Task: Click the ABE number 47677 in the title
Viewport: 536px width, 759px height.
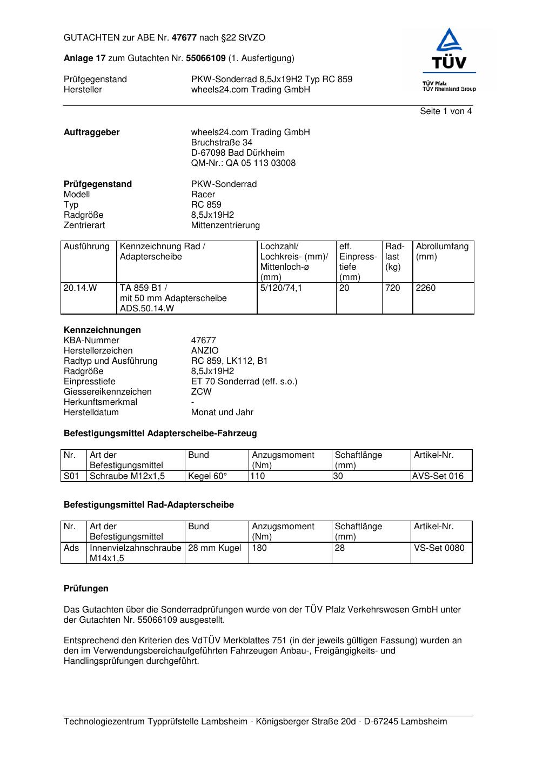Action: pyautogui.click(x=184, y=38)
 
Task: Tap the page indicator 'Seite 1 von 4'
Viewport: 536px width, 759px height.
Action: pyautogui.click(x=446, y=111)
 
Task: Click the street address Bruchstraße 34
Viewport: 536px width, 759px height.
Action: pyautogui.click(x=222, y=143)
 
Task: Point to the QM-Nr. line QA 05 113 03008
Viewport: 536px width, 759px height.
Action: pyautogui.click(x=243, y=163)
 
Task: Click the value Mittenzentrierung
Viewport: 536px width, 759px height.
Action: pyautogui.click(x=225, y=225)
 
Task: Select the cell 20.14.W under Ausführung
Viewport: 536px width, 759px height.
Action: pyautogui.click(x=81, y=288)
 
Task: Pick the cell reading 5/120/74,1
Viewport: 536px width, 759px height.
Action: pyautogui.click(x=281, y=288)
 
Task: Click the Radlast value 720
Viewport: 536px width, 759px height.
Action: pyautogui.click(x=393, y=288)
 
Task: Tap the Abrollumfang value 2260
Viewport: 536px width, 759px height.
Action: pyautogui.click(x=426, y=288)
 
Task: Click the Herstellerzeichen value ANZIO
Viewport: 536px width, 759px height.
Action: pyautogui.click(x=205, y=351)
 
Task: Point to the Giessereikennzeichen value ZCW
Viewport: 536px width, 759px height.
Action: pyautogui.click(x=201, y=392)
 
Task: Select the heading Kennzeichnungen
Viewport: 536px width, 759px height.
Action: pyautogui.click(x=102, y=330)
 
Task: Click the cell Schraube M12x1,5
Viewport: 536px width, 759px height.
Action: pyautogui.click(x=127, y=476)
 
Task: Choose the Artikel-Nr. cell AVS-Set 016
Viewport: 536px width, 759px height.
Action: pyautogui.click(x=438, y=476)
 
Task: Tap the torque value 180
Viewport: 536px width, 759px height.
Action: pyautogui.click(x=259, y=548)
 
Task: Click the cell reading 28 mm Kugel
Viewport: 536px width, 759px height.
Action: pyautogui.click(x=215, y=548)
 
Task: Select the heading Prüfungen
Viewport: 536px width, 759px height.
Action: pyautogui.click(x=86, y=589)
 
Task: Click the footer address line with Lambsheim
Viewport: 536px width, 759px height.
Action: pyautogui.click(x=255, y=722)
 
